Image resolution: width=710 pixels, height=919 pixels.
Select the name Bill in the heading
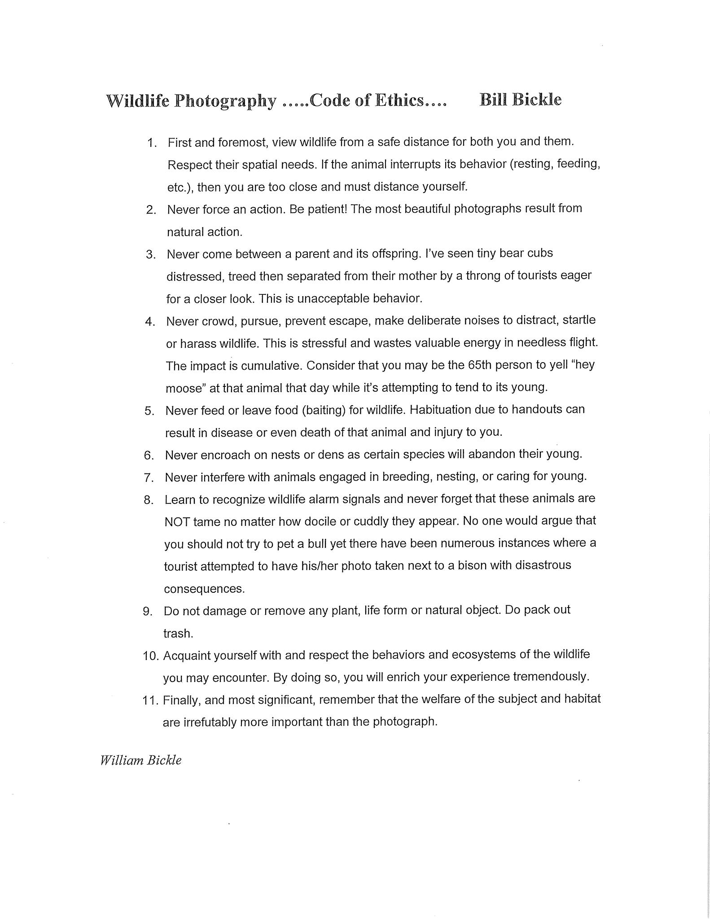click(x=493, y=99)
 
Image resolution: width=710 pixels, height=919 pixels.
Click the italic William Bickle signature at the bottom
click(x=141, y=760)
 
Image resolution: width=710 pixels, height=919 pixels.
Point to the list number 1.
click(x=151, y=143)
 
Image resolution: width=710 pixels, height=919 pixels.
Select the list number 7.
click(x=149, y=477)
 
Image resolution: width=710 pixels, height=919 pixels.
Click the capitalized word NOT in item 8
click(x=177, y=522)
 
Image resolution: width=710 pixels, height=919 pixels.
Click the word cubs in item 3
click(x=539, y=254)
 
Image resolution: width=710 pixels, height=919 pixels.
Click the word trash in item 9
click(x=178, y=633)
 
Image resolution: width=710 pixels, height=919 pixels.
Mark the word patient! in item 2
click(x=326, y=209)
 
